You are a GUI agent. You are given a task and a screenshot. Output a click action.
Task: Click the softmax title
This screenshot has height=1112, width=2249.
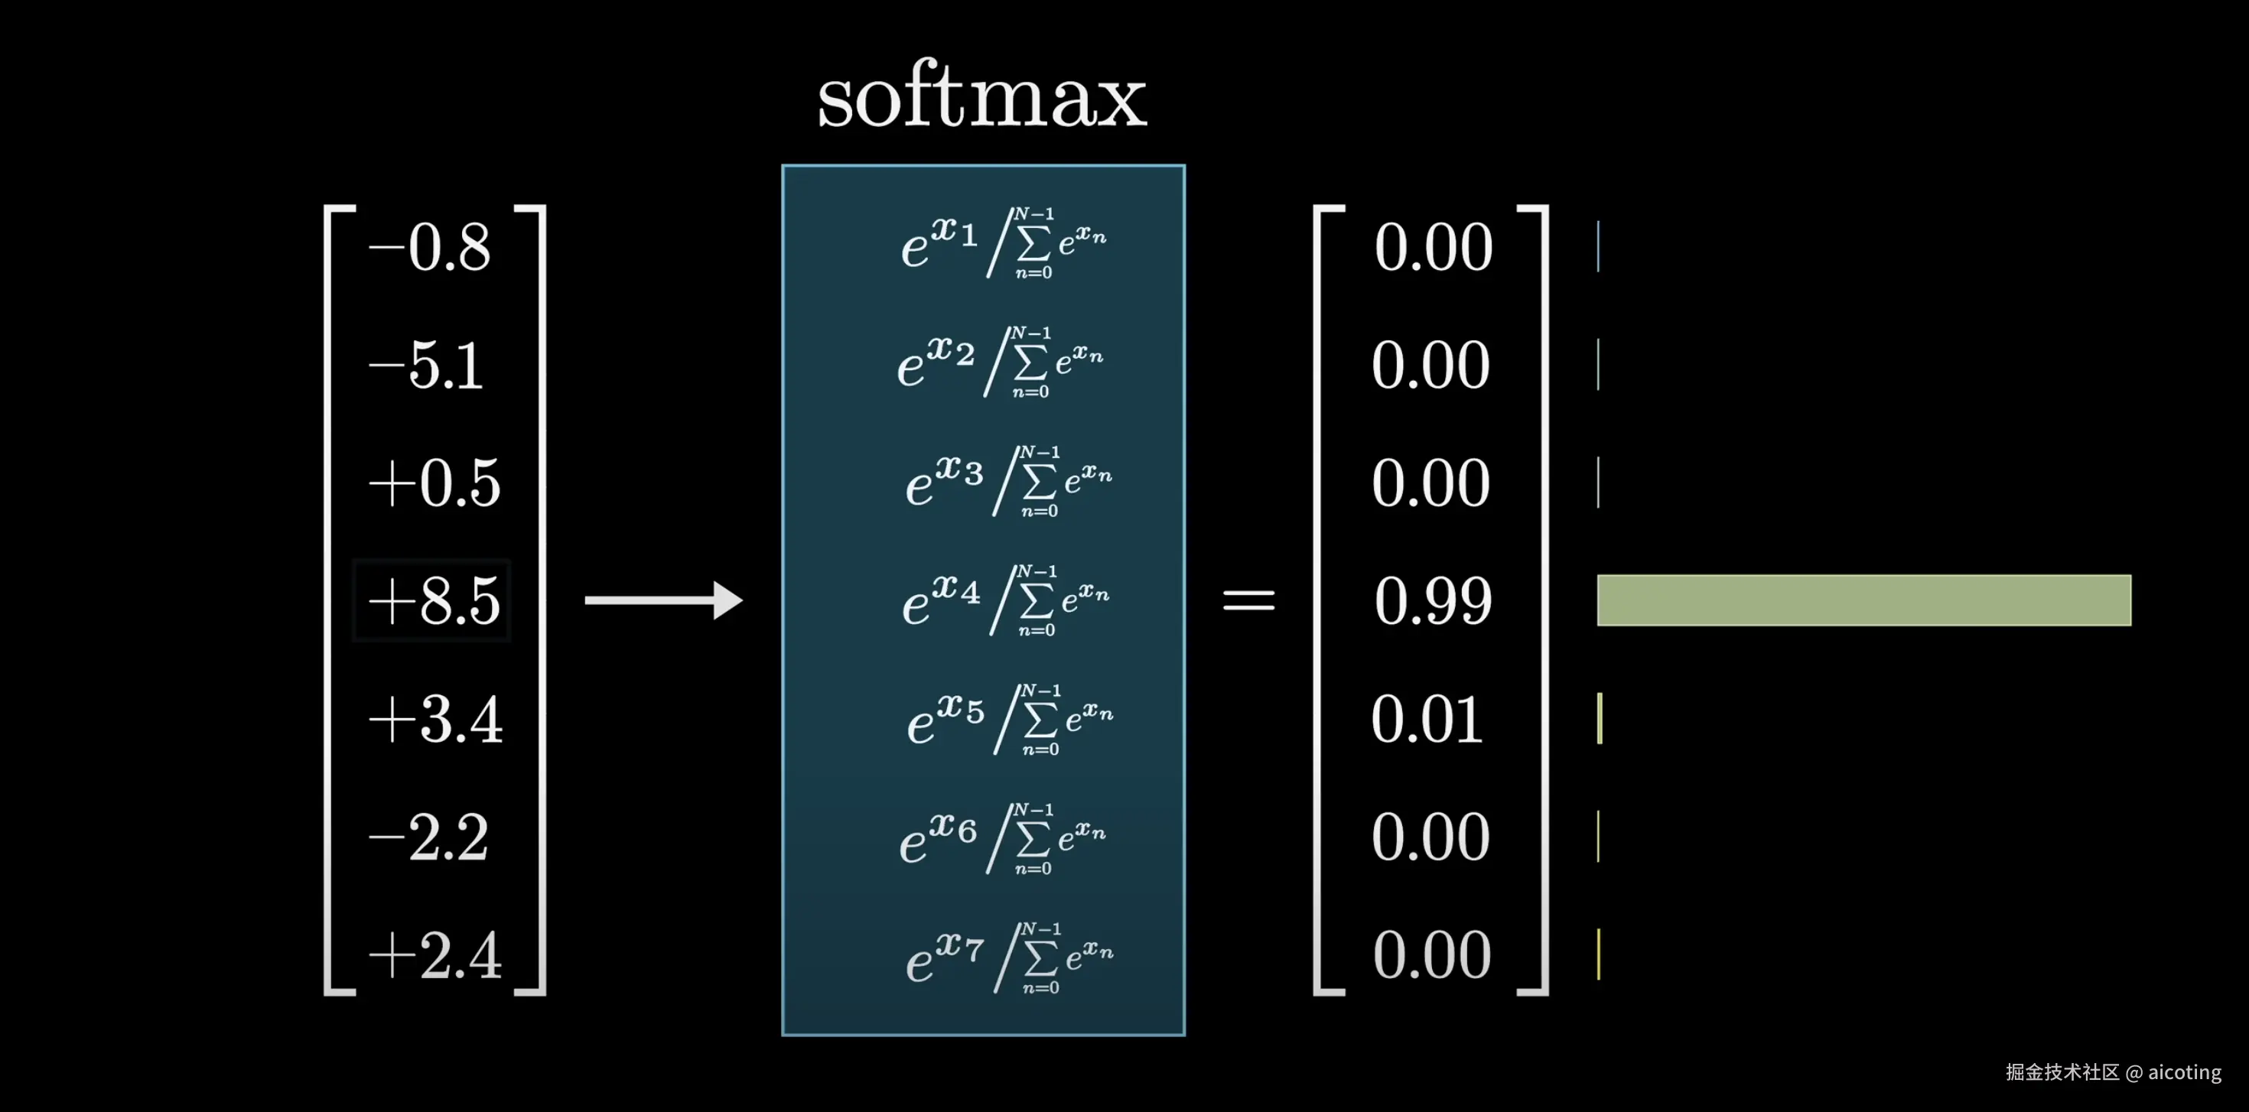981,96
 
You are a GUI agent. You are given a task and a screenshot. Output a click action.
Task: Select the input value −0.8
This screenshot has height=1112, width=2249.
430,247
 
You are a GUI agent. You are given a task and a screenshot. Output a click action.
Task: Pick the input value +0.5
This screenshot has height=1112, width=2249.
434,483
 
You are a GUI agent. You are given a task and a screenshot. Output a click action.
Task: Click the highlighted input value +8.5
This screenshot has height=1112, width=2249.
433,601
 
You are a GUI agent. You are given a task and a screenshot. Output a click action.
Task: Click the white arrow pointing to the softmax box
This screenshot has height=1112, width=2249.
662,600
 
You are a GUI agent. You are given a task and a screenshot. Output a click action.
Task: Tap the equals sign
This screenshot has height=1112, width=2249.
1248,600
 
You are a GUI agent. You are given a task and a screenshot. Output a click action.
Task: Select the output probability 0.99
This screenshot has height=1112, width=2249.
1433,601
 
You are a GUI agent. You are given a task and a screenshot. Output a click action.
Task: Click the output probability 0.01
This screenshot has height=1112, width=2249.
1427,720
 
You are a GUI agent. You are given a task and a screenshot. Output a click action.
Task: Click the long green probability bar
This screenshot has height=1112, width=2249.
1863,600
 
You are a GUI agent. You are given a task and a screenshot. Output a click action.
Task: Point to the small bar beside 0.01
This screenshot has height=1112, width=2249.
1600,718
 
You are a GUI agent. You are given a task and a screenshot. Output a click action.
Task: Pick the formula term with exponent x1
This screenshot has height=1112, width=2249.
1004,243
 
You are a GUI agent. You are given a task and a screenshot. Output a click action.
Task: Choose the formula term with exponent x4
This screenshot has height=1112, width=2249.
1005,600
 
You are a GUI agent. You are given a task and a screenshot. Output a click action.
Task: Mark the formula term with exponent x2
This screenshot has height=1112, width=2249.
1001,363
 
